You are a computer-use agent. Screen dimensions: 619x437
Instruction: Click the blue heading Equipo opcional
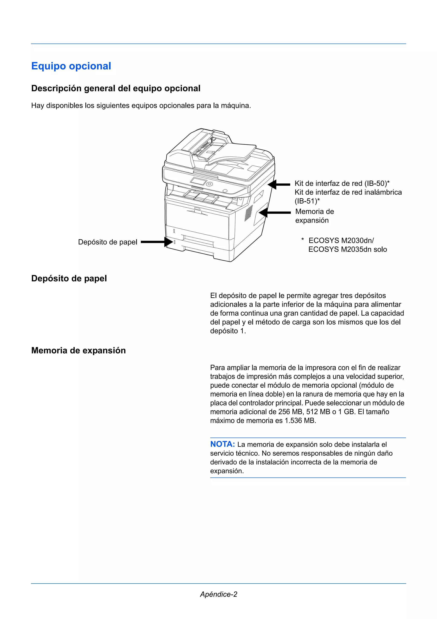71,66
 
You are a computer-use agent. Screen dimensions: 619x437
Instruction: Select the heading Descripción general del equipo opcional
116,88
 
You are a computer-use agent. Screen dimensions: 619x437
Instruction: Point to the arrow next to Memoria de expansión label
275,213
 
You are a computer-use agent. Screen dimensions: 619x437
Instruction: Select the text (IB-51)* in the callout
307,201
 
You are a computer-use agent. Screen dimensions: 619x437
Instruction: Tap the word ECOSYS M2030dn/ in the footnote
341,241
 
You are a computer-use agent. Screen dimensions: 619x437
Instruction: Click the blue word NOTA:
222,444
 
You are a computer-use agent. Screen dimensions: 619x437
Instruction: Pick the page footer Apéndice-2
218,594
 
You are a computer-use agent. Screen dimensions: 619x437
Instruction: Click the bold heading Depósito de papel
69,279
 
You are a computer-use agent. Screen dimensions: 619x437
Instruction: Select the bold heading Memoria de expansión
78,351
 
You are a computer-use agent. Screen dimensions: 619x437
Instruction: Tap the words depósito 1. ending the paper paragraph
228,331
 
